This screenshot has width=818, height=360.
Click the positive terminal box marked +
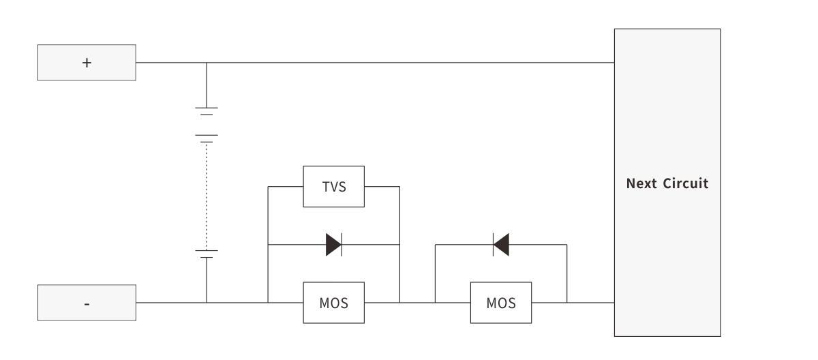tap(87, 63)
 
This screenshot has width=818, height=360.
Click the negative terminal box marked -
tap(87, 303)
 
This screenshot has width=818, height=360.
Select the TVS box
tap(333, 187)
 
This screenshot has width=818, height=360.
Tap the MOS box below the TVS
tap(333, 303)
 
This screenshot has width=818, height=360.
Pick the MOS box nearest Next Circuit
tap(501, 303)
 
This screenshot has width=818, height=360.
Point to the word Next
tap(641, 183)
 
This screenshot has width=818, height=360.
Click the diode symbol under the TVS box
tap(333, 244)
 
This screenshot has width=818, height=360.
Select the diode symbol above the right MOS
tap(501, 244)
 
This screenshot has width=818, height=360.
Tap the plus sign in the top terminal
tap(87, 63)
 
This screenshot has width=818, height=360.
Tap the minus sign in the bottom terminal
tap(87, 303)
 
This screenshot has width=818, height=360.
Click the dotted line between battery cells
tap(207, 194)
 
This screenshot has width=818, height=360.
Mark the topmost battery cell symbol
tap(207, 110)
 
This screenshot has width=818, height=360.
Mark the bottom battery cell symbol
tap(207, 254)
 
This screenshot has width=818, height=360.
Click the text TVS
tap(333, 187)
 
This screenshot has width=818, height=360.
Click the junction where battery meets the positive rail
tap(207, 63)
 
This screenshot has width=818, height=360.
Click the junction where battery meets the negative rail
tap(207, 303)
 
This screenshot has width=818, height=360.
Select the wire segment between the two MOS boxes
tap(417, 303)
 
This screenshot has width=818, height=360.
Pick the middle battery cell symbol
tap(207, 138)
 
